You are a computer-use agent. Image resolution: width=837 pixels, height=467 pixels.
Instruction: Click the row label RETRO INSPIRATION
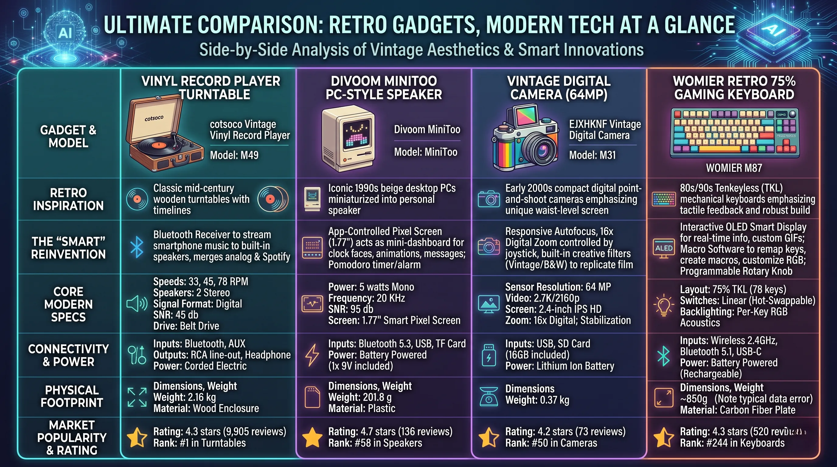(68, 199)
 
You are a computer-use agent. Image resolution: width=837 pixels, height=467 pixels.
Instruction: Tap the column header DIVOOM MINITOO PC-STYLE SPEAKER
(384, 88)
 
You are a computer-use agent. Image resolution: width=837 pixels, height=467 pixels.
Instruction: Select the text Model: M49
(234, 155)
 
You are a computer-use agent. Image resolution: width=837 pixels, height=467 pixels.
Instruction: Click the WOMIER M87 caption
(734, 168)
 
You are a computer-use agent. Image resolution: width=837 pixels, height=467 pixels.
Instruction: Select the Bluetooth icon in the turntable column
(137, 247)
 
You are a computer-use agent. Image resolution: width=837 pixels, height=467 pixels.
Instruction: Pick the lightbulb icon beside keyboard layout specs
(663, 305)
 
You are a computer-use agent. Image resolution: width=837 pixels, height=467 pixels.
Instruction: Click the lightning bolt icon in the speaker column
(312, 355)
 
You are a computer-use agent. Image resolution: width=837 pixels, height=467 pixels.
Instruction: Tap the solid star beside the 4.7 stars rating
(312, 437)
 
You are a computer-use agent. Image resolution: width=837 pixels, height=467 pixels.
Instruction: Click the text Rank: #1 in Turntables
(200, 443)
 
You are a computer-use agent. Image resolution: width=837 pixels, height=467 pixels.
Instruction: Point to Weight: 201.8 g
(360, 397)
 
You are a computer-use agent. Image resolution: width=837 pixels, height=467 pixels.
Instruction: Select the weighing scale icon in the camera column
(489, 396)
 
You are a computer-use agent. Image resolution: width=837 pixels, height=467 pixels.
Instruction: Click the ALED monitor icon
(664, 249)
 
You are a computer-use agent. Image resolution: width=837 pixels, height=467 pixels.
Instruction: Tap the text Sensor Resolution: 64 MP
(558, 287)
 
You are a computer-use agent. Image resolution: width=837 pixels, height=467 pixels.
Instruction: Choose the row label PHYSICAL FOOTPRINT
(71, 396)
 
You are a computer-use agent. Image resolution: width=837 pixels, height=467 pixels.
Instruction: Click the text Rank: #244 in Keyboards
(732, 443)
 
